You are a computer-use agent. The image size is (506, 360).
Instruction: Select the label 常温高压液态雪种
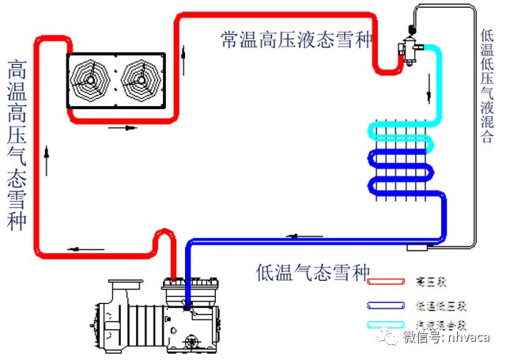point(296,40)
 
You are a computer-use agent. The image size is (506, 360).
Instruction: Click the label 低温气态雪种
point(313,273)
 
